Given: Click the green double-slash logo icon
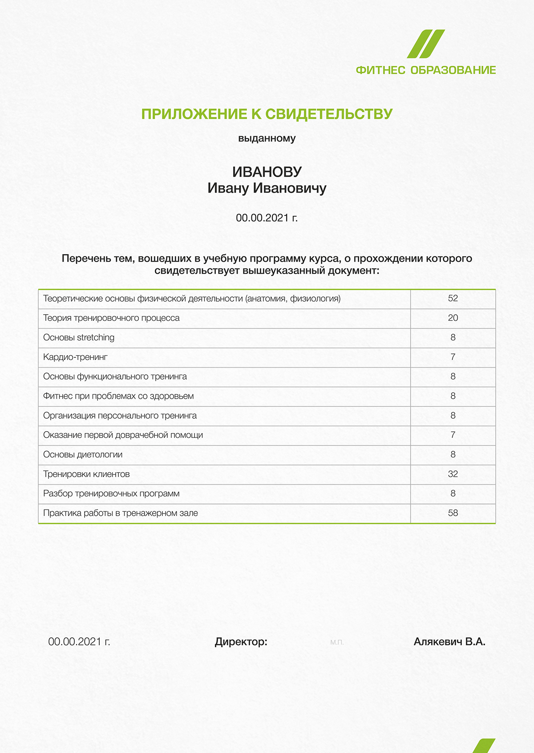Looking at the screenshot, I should pos(426,44).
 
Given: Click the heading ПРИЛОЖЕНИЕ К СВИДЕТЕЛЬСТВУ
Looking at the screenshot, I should pos(267,114).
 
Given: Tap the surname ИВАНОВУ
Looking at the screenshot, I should pos(267,172).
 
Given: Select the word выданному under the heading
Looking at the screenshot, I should pos(267,138).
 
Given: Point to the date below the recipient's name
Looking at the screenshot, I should pos(267,218).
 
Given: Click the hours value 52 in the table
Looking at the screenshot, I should pos(453,299).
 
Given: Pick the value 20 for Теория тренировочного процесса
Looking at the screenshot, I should pos(453,318).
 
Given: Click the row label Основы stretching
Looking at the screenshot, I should pos(79,338).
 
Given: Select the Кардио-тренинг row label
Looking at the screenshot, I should pos(75,357).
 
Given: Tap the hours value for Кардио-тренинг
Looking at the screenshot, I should pos(453,357).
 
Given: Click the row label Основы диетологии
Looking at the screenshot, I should pos(83,455).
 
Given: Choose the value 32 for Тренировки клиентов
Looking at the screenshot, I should pos(453,474).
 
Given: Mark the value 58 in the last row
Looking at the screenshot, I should pos(453,513).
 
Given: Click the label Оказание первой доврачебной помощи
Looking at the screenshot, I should pos(123,435).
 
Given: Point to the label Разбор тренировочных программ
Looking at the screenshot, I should pos(111,494).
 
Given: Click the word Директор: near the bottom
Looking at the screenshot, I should pos(241,642).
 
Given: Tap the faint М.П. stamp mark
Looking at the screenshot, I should pos(337,642).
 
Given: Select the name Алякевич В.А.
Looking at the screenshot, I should pos(449,642).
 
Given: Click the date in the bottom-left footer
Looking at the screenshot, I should pos(79,642).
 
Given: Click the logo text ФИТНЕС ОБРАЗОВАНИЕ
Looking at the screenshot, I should pos(425,70).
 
